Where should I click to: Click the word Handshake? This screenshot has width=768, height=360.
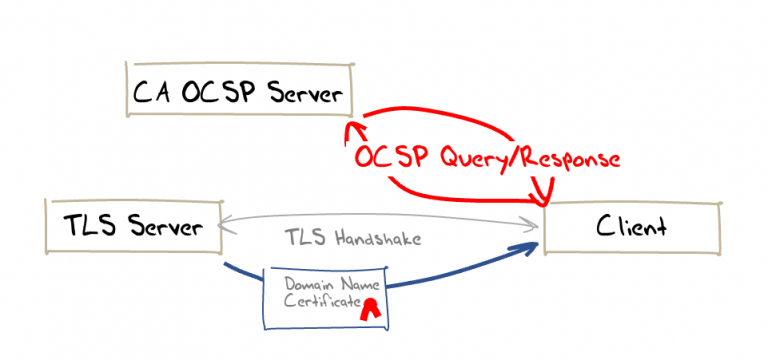tap(379, 240)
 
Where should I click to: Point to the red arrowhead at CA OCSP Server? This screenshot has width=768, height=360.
tap(351, 131)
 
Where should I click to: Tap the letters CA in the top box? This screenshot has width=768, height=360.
tap(150, 93)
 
